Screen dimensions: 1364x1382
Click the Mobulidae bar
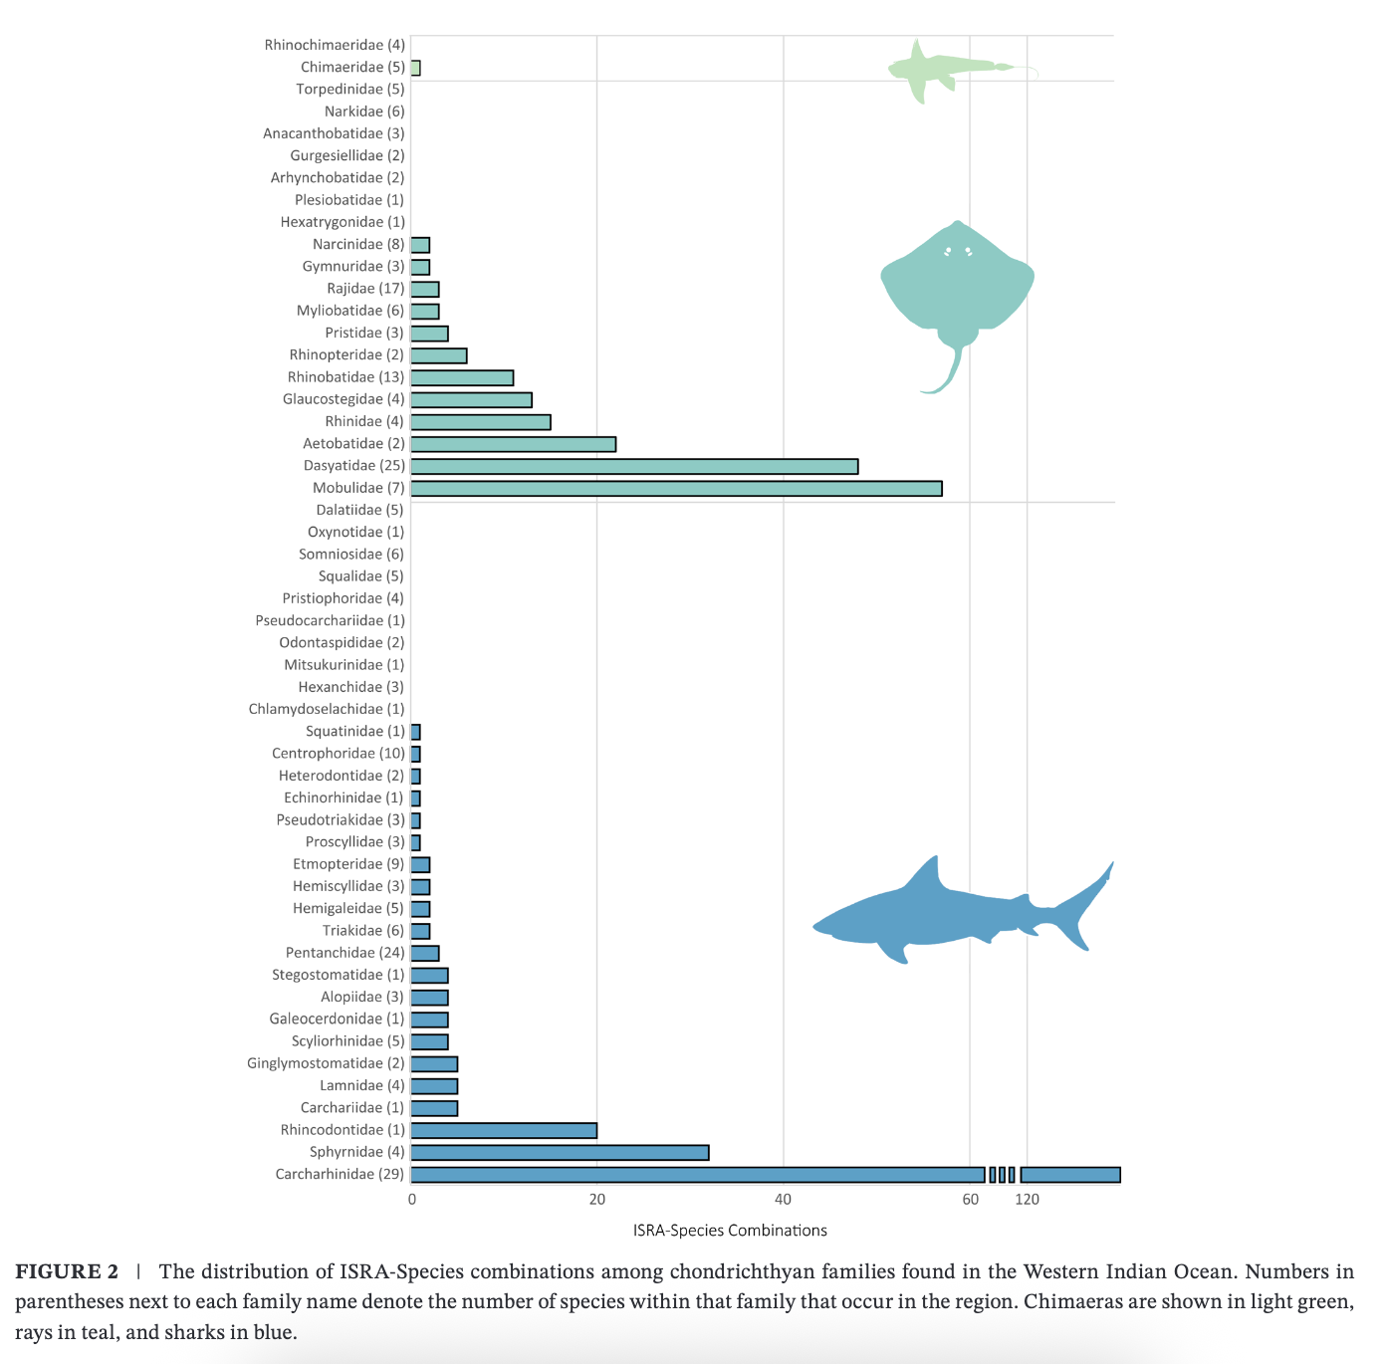pyautogui.click(x=676, y=488)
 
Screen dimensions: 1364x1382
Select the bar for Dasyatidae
pyautogui.click(x=634, y=466)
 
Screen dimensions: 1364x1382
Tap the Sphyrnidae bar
pyautogui.click(x=560, y=1152)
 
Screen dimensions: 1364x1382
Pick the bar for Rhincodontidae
pyautogui.click(x=504, y=1130)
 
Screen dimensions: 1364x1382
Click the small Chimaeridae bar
pyautogui.click(x=415, y=68)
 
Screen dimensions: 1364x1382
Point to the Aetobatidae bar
pyautogui.click(x=513, y=444)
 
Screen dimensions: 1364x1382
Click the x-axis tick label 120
pyautogui.click(x=1027, y=1199)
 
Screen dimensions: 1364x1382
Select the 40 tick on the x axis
pyautogui.click(x=784, y=1199)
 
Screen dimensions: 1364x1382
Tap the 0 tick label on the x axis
pyautogui.click(x=412, y=1199)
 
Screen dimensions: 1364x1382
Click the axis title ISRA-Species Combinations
pyautogui.click(x=730, y=1231)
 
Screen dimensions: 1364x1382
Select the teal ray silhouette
pyautogui.click(x=957, y=289)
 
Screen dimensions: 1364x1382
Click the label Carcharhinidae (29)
pyautogui.click(x=340, y=1174)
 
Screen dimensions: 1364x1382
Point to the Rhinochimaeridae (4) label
pyautogui.click(x=335, y=45)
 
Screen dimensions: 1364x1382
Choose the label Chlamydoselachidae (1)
pyautogui.click(x=327, y=709)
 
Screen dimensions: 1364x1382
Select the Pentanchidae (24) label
pyautogui.click(x=345, y=953)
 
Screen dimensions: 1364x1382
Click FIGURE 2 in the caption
pyautogui.click(x=67, y=1271)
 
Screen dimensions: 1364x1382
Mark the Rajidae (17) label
pyautogui.click(x=365, y=289)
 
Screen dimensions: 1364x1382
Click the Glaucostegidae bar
pyautogui.click(x=471, y=400)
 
